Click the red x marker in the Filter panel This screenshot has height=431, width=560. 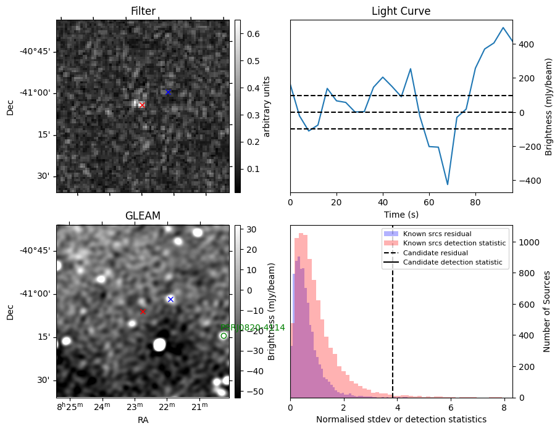click(x=142, y=105)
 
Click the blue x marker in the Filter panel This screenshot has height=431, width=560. click(x=168, y=92)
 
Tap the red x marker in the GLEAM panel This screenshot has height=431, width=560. click(x=143, y=311)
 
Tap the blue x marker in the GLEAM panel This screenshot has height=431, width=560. click(x=170, y=299)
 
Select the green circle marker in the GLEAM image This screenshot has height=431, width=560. click(x=224, y=335)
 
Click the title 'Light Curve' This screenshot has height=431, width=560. click(x=401, y=11)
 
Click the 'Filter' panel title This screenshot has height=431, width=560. click(x=143, y=11)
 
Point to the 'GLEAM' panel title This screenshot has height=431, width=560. click(x=143, y=216)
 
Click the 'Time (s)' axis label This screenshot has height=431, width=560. click(x=401, y=214)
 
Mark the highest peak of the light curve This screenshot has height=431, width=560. click(x=503, y=28)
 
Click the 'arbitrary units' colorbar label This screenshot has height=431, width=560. click(x=267, y=106)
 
